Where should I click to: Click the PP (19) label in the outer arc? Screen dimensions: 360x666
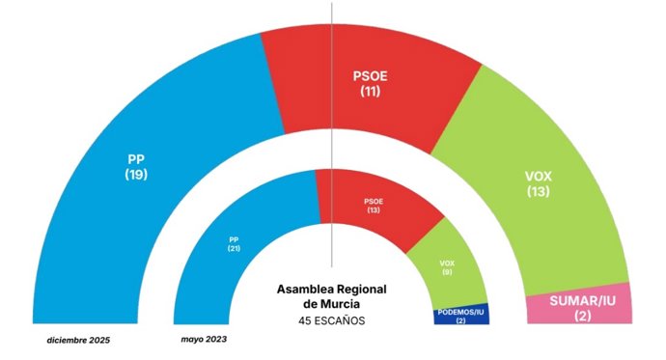tap(136, 167)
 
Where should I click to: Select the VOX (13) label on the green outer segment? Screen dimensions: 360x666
tap(538, 184)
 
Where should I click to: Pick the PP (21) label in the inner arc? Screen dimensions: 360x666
tap(235, 242)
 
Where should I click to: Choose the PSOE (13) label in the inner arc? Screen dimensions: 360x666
tap(374, 205)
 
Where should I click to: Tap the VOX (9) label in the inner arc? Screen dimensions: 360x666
tap(446, 266)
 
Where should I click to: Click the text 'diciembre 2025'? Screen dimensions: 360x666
tap(79, 341)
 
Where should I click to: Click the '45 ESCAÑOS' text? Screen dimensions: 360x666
tap(332, 320)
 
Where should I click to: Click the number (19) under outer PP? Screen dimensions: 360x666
tap(136, 175)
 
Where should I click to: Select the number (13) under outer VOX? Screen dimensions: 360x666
tap(538, 193)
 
